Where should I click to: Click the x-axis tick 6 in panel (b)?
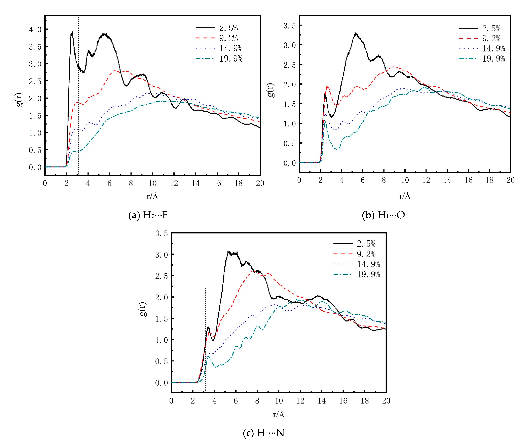coord(362,180)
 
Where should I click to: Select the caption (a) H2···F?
coord(148,215)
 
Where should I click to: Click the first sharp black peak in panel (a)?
coord(72,32)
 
